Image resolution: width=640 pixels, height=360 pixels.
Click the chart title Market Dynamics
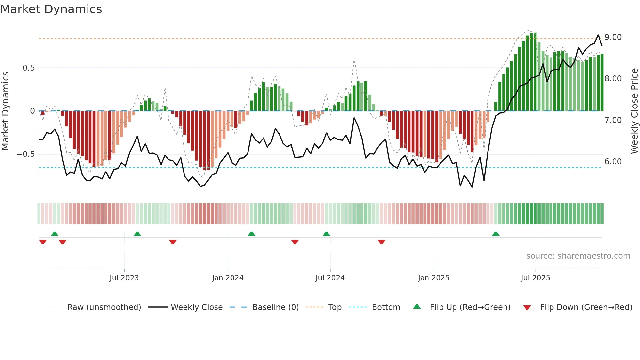click(x=51, y=9)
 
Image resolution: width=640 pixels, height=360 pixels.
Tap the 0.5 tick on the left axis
click(x=28, y=68)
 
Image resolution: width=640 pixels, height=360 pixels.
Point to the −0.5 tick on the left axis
click(x=26, y=154)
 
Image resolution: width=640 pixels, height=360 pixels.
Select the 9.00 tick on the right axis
click(x=613, y=37)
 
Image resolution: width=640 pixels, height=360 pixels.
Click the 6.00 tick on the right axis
click(x=613, y=162)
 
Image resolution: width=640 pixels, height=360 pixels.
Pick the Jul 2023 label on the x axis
click(x=124, y=278)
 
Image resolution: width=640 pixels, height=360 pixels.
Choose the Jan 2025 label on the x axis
click(x=433, y=278)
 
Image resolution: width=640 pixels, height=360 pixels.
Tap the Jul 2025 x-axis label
click(x=535, y=278)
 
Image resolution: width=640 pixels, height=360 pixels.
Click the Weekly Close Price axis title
click(x=634, y=111)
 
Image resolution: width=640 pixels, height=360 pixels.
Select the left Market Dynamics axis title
click(x=5, y=111)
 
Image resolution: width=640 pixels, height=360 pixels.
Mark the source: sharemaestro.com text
click(x=578, y=256)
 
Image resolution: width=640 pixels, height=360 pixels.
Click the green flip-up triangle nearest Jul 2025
click(x=496, y=234)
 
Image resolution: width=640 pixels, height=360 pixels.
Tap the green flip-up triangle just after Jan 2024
click(x=251, y=234)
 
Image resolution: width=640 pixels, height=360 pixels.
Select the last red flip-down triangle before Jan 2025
click(x=381, y=242)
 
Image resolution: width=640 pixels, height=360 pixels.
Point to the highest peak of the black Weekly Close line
click(x=598, y=35)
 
